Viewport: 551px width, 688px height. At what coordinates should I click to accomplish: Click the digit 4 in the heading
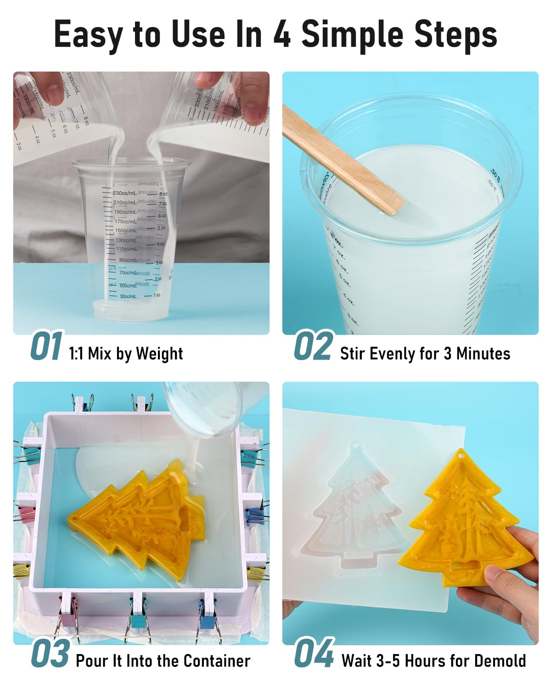point(282,34)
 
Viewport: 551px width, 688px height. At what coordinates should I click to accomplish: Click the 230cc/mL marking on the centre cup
point(124,194)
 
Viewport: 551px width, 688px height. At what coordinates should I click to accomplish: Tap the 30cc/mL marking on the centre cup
point(128,297)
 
